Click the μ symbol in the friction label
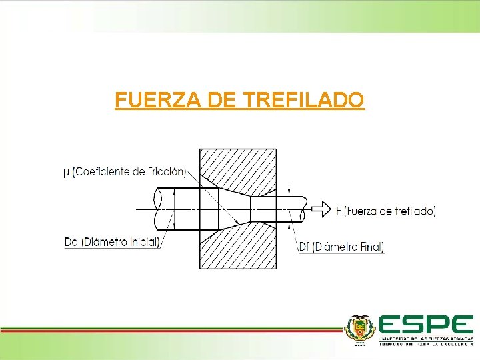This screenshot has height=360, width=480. (x=65, y=172)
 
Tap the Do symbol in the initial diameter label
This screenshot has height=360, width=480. (x=71, y=242)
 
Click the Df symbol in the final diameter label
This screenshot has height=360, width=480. (x=305, y=247)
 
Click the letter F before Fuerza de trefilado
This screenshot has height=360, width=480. (x=339, y=211)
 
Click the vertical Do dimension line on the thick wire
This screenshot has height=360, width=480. (x=174, y=209)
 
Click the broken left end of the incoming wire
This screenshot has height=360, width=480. (x=157, y=209)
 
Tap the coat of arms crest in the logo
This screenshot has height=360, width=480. (x=359, y=329)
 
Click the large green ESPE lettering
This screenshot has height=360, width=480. (x=425, y=325)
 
